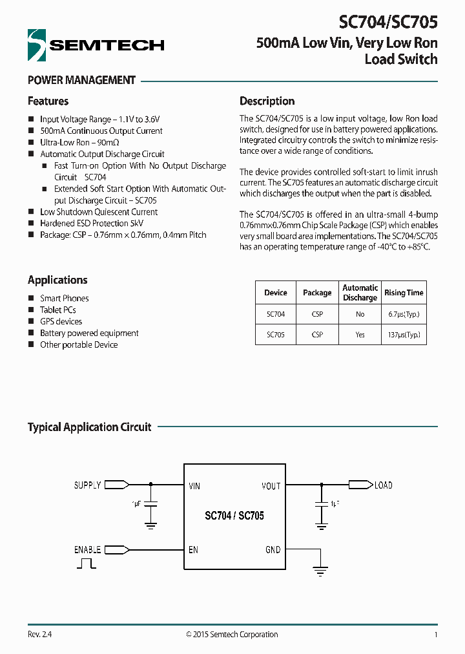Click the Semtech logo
pos(96,45)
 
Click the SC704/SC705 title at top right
pos(388,23)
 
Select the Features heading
pos(48,101)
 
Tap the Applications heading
pos(57,280)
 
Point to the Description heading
pos(267,101)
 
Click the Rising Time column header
pos(404,293)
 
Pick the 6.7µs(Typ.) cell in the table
pos(404,314)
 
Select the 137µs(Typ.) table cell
pos(404,335)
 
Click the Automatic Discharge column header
pos(360,293)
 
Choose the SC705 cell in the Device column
pos(275,335)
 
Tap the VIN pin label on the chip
pos(194,486)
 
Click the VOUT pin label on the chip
pos(271,486)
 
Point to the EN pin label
pos(193,550)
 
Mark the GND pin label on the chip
pos(273,550)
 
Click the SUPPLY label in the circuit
pos(87,485)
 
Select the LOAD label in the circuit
pos(383,485)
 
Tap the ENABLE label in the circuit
pos(87,550)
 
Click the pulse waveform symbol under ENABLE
pos(86,564)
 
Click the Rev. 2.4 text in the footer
pos(39,635)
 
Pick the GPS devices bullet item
pos(61,321)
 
